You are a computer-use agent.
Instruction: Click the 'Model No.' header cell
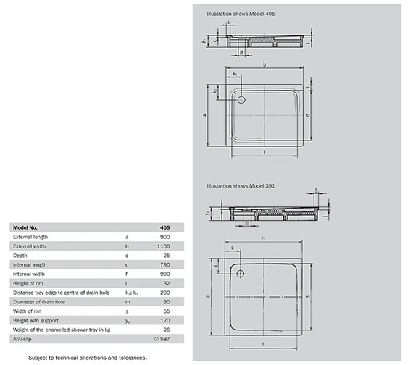pos(28,227)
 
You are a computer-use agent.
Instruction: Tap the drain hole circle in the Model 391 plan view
pos(241,273)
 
